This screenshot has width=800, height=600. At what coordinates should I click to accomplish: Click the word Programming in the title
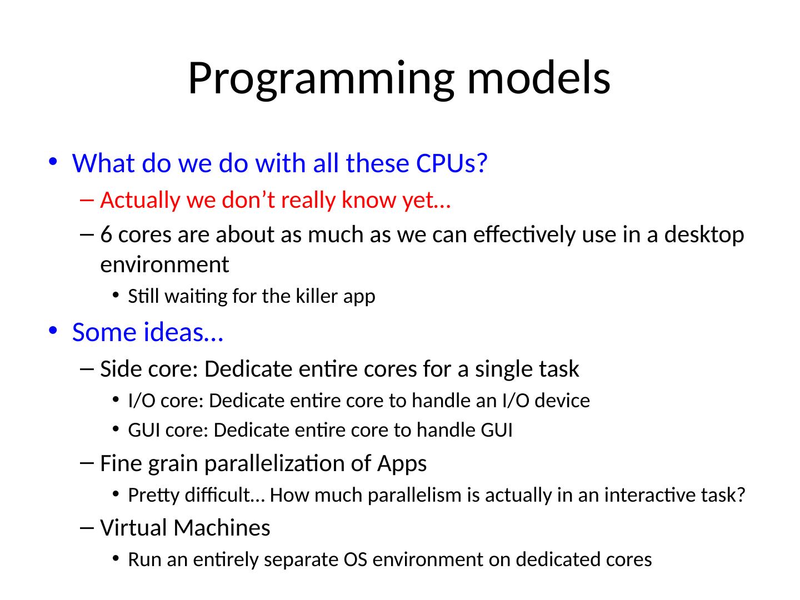click(321, 79)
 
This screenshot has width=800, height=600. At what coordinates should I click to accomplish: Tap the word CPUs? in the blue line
click(451, 163)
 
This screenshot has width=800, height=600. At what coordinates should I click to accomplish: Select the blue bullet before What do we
click(53, 161)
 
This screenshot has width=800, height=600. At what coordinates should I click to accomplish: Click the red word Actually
click(139, 201)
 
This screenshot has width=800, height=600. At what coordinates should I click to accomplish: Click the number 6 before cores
click(106, 234)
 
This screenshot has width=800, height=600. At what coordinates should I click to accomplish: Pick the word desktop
click(704, 235)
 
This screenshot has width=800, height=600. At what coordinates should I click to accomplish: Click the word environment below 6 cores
click(165, 265)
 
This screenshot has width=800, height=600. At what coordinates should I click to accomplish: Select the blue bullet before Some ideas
click(53, 331)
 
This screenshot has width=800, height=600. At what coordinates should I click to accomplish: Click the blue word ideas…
click(184, 332)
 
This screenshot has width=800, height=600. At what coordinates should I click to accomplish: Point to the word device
click(562, 401)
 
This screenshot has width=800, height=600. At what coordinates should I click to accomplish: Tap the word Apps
click(402, 464)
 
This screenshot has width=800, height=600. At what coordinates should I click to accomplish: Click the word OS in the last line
click(356, 559)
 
